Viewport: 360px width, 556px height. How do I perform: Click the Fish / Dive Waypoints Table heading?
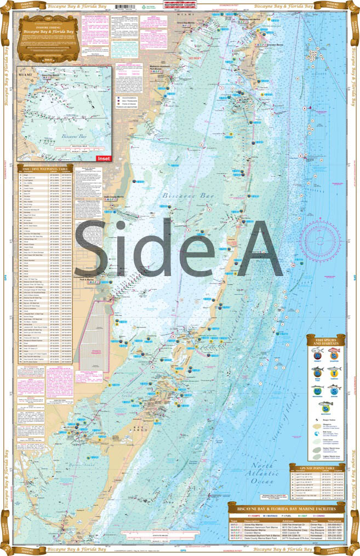45,168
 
